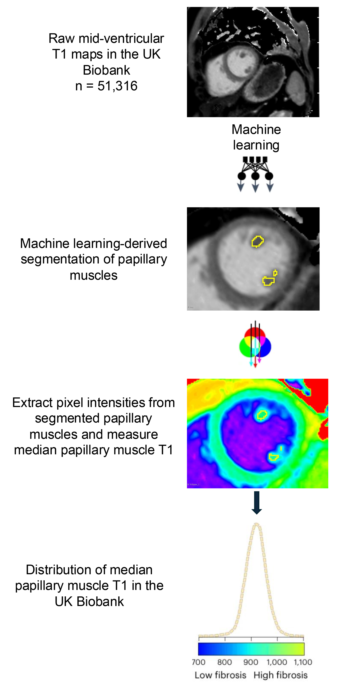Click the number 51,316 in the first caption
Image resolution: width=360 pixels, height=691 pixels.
(117, 86)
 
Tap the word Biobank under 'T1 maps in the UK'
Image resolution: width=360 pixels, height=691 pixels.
(106, 70)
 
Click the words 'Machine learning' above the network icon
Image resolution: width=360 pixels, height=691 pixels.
(256, 137)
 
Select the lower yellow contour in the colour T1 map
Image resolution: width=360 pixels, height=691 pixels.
(273, 457)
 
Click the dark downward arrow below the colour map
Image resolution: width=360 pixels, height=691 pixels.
(257, 502)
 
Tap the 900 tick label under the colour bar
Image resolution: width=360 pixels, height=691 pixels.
(251, 662)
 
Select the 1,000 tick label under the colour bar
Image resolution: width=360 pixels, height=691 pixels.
(277, 662)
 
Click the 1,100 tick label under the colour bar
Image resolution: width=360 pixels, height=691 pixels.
(303, 662)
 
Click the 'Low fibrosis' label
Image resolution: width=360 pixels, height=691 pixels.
(220, 675)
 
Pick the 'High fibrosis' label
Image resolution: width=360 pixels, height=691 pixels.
(280, 675)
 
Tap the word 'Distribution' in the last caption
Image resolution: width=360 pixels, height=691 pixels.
(62, 569)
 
